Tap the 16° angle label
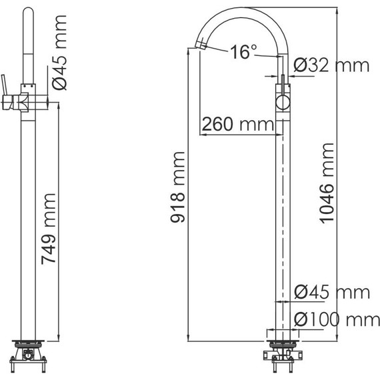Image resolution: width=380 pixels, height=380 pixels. tap(244, 52)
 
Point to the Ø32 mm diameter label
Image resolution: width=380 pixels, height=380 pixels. tap(331, 65)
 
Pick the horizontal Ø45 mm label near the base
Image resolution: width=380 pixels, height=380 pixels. tap(331, 292)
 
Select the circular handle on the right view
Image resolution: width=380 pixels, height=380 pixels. tap(282, 103)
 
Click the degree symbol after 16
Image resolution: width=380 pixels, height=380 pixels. tap(255, 47)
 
